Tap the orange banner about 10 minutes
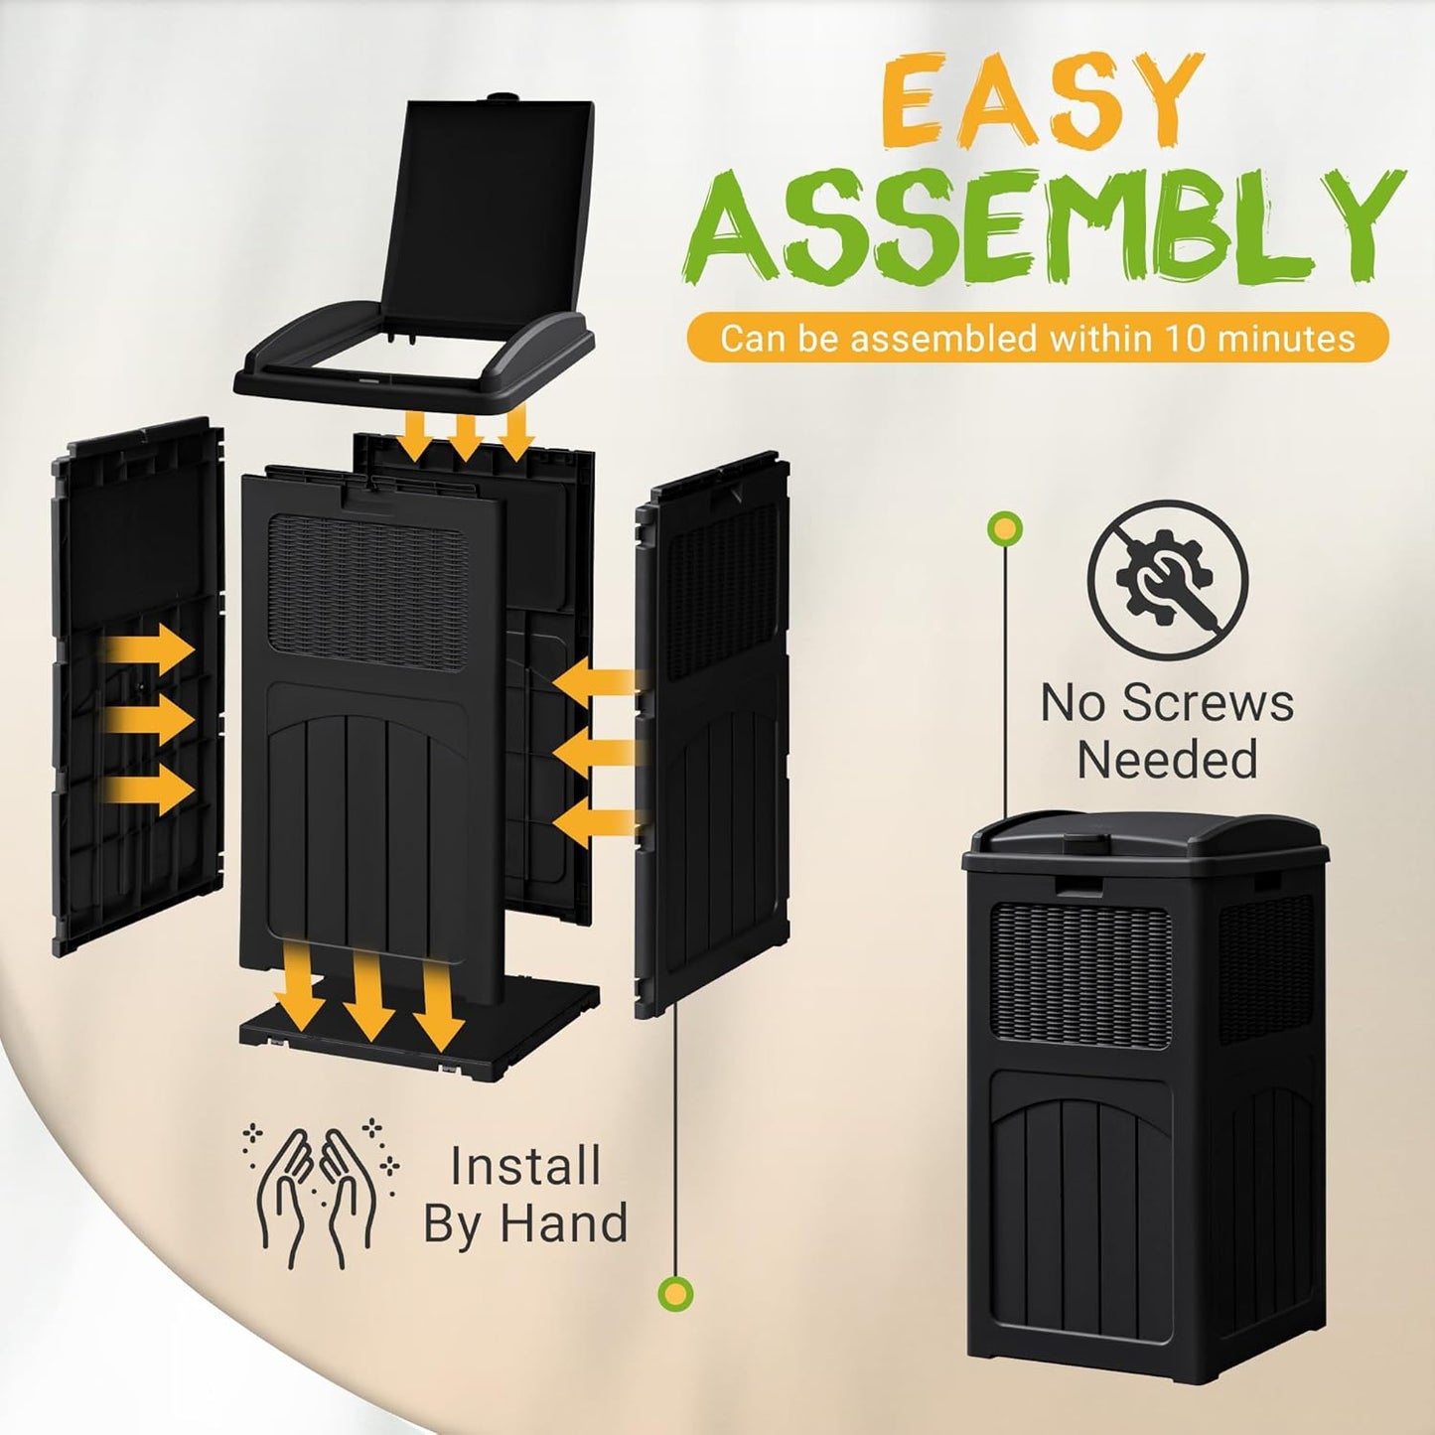tap(1037, 338)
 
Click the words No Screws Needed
tap(1167, 731)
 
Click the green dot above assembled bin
tap(1005, 528)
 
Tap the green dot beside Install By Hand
tap(676, 1292)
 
